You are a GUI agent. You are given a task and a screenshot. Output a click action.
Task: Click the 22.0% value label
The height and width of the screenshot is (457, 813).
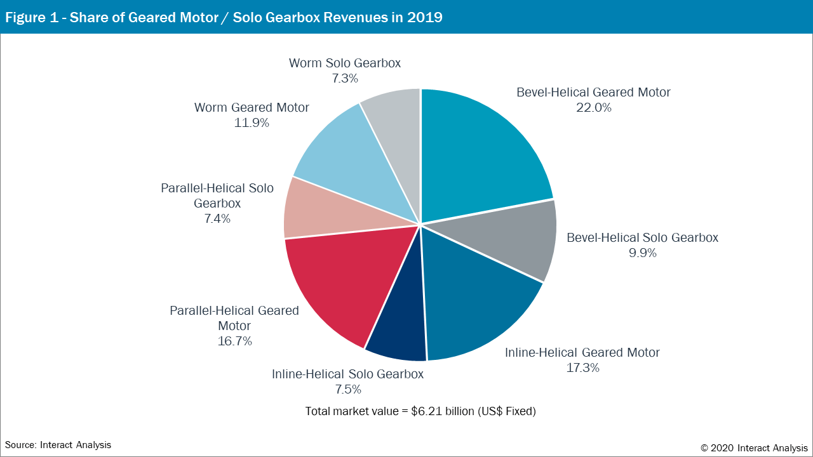pyautogui.click(x=593, y=108)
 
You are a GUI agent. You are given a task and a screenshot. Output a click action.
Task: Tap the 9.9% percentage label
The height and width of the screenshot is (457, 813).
pyautogui.click(x=642, y=253)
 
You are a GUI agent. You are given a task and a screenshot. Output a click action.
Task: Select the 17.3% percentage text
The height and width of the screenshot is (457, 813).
pyautogui.click(x=582, y=368)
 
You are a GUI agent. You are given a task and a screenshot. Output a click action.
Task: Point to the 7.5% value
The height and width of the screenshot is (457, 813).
pyautogui.click(x=347, y=389)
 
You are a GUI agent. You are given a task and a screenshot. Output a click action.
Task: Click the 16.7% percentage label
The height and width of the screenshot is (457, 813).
pyautogui.click(x=234, y=341)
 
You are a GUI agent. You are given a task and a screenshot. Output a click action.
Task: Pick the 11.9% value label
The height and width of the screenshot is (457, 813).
pyautogui.click(x=252, y=123)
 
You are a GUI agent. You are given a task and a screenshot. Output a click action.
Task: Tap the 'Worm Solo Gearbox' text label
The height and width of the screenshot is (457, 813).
pyautogui.click(x=345, y=63)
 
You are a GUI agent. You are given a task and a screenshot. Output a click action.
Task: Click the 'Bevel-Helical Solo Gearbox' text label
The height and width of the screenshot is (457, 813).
pyautogui.click(x=642, y=238)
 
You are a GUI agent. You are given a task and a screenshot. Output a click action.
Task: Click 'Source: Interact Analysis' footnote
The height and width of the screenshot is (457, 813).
pyautogui.click(x=58, y=445)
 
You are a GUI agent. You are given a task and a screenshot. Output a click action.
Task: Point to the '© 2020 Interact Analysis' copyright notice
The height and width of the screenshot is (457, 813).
pyautogui.click(x=754, y=447)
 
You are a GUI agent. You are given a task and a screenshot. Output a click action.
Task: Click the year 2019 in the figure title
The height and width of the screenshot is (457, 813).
pyautogui.click(x=426, y=17)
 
